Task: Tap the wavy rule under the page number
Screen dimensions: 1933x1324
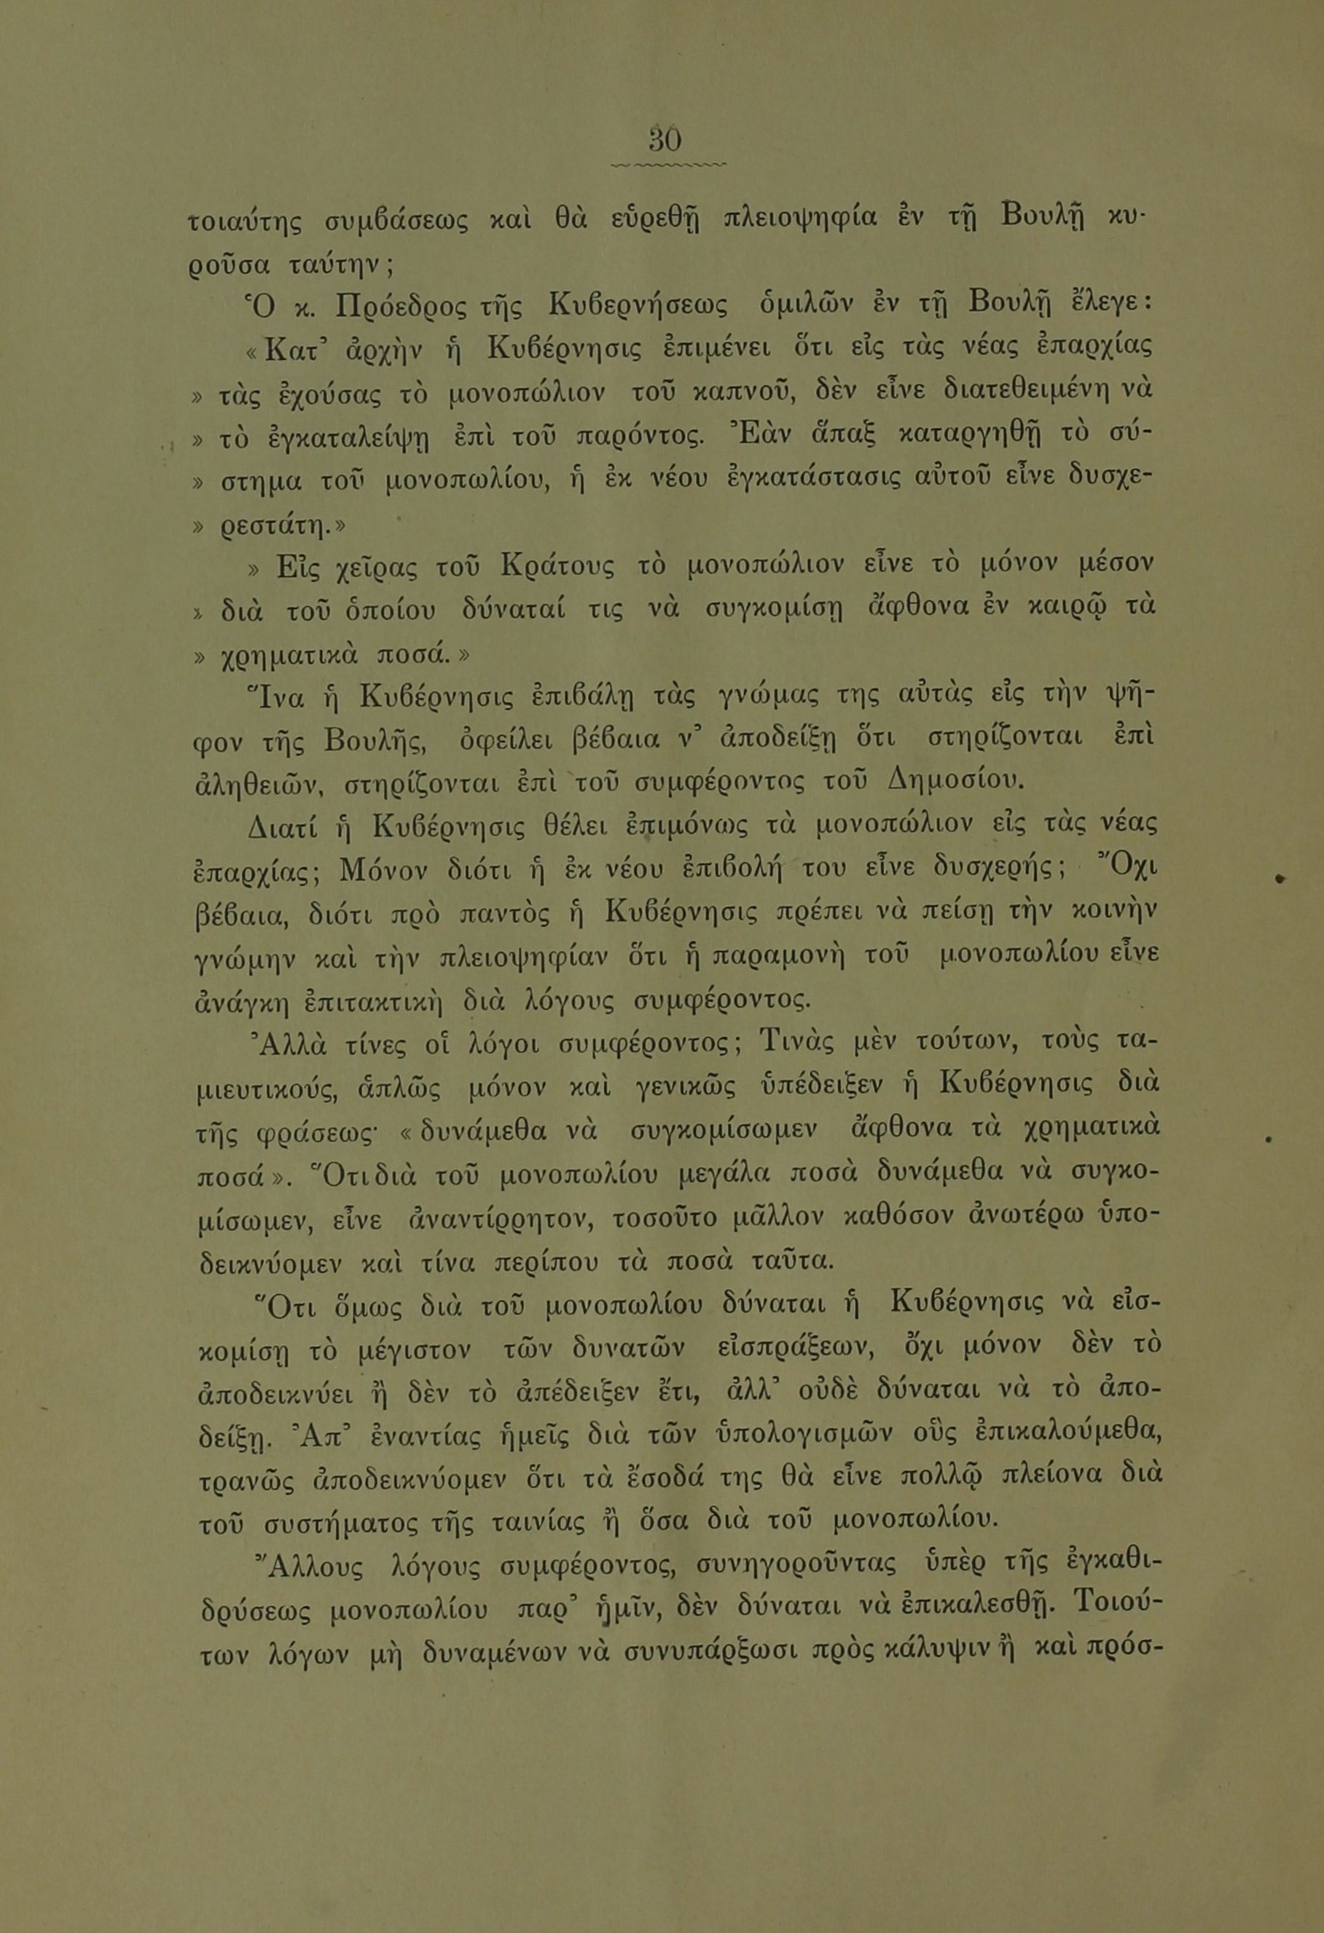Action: (667, 165)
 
